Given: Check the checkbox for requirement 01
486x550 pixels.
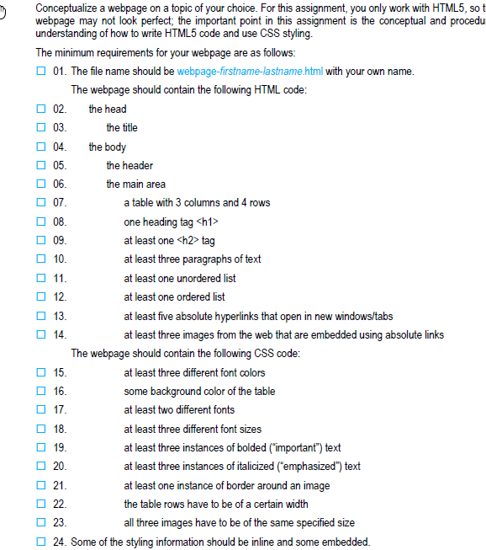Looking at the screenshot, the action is (x=40, y=71).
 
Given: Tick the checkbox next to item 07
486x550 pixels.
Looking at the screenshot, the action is (x=40, y=203).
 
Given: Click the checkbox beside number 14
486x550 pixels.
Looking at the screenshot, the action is (x=40, y=335).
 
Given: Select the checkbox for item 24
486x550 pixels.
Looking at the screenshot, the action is (x=40, y=542).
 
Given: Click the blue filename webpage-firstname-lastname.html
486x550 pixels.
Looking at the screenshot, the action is (x=250, y=71).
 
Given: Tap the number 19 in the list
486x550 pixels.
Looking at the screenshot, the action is (x=59, y=448).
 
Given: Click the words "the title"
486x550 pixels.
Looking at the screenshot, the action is (x=122, y=127).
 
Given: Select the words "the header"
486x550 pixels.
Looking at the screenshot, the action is (x=129, y=165).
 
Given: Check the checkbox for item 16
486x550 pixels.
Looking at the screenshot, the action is (x=40, y=392).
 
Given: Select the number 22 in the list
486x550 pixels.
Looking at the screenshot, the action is (x=59, y=505).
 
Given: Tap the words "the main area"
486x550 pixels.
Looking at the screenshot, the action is (x=136, y=184).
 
